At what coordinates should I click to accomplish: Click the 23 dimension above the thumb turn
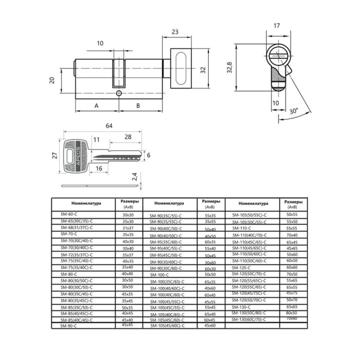pos(175,32)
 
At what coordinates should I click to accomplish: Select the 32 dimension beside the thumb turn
pos(203,69)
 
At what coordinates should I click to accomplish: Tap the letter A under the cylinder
pos(96,105)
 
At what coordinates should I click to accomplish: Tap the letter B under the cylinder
pos(138,105)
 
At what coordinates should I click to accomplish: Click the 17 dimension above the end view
pos(277,25)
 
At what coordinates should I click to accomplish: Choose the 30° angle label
pos(293,111)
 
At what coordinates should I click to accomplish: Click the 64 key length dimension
pos(109,125)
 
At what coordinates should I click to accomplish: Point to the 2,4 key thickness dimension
pos(134,177)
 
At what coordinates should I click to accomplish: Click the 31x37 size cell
pos(128,227)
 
